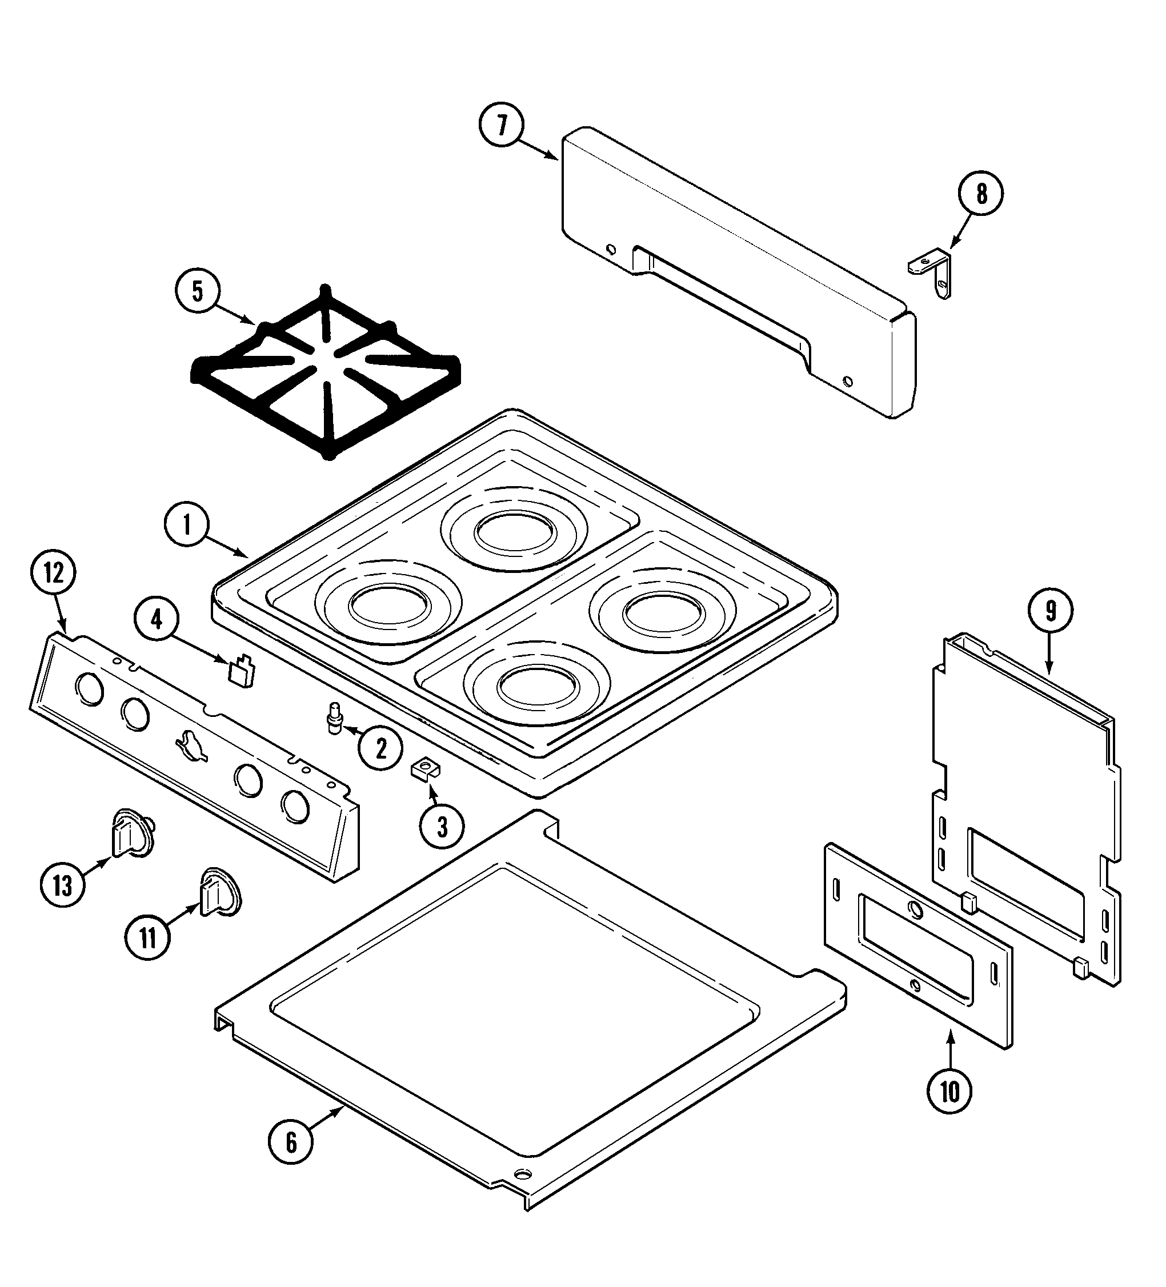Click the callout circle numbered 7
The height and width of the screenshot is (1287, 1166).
(x=501, y=125)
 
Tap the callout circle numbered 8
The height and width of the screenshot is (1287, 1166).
(x=981, y=194)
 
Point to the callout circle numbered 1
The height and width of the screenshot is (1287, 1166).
(x=186, y=525)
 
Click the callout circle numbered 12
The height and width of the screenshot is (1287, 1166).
(x=53, y=574)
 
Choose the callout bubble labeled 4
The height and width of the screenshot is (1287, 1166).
(x=157, y=619)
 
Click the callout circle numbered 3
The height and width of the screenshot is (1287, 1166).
(x=442, y=827)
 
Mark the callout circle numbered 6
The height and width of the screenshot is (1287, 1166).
(x=291, y=1142)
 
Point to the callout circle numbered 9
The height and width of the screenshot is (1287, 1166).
(x=1051, y=611)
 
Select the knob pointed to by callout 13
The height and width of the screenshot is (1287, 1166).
(x=133, y=835)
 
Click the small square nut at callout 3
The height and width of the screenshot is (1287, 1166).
(x=424, y=771)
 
